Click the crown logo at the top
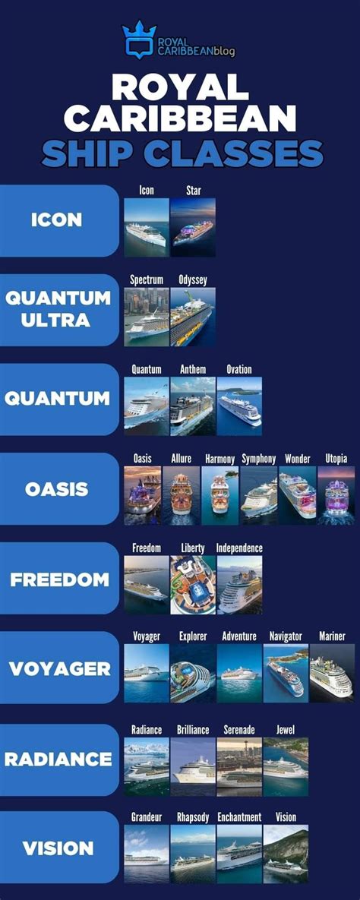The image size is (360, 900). coord(138,39)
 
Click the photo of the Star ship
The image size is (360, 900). coord(193,227)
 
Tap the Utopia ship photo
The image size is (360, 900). coord(336,495)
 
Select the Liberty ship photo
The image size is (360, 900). coord(193,585)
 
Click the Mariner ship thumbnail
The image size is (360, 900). coord(332,673)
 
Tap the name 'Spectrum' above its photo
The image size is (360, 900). coord(147,280)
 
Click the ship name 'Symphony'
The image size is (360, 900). coord(258,459)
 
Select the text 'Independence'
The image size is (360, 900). coord(239,548)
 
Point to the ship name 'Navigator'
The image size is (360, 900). coord(286,636)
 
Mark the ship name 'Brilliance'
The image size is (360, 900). coord(193,729)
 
